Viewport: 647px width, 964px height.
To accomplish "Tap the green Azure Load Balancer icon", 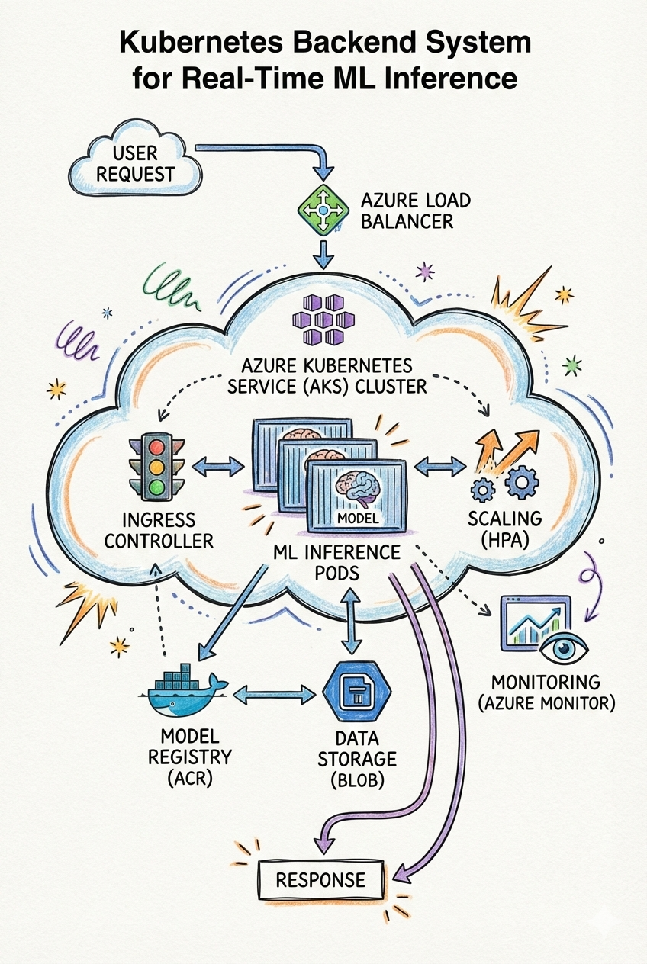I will pyautogui.click(x=321, y=208).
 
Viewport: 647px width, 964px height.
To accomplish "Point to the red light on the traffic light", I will pyautogui.click(x=156, y=445).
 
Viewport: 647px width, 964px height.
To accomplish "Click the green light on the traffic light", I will pyautogui.click(x=156, y=487).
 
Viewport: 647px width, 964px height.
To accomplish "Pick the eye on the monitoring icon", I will pyautogui.click(x=566, y=648).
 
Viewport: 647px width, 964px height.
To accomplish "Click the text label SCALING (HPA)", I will pyautogui.click(x=506, y=530).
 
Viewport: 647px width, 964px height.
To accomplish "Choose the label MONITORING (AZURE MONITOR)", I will pyautogui.click(x=546, y=692).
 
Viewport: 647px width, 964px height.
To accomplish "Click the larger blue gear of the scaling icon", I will pyautogui.click(x=523, y=482).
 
